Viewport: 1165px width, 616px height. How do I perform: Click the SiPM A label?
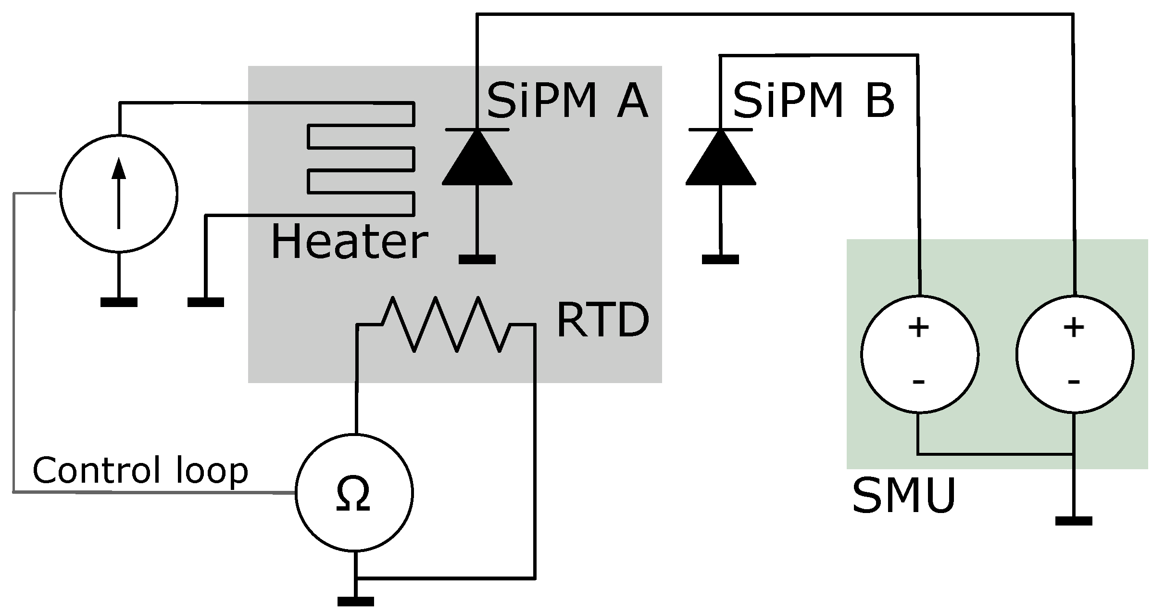(567, 101)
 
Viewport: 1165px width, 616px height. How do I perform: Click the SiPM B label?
(814, 101)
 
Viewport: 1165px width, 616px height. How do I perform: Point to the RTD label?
(603, 320)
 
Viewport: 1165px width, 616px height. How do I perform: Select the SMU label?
(903, 496)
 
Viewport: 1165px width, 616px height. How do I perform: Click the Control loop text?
(140, 470)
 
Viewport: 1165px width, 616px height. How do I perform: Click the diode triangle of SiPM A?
(477, 157)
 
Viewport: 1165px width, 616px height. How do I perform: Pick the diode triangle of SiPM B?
(720, 157)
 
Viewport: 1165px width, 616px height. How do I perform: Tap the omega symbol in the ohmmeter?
(354, 494)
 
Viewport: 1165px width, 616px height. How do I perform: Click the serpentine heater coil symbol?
(361, 158)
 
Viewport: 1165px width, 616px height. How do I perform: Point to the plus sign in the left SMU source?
(918, 328)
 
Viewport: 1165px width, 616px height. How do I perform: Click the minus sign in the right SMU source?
(1074, 382)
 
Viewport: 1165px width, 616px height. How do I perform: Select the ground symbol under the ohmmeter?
(356, 601)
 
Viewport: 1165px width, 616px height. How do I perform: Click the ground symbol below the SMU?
(1074, 521)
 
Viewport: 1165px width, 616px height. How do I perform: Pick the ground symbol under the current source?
(119, 302)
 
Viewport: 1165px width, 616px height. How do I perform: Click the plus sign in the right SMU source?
(1074, 328)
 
